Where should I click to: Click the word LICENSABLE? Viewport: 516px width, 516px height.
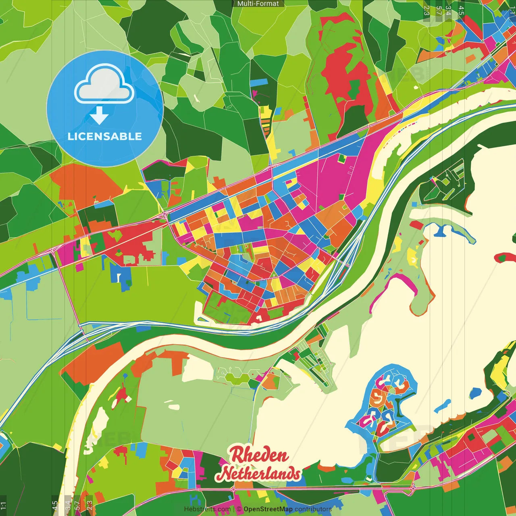[x=104, y=136]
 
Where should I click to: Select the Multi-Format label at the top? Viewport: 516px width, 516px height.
[x=258, y=4]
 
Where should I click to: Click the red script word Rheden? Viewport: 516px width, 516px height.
[x=259, y=455]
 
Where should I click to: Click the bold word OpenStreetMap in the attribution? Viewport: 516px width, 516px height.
[x=268, y=509]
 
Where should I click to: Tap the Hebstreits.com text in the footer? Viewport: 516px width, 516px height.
[x=207, y=509]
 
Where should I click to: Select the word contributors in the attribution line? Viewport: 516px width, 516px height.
[x=313, y=509]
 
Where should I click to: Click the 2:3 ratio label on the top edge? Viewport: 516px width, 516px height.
[x=427, y=10]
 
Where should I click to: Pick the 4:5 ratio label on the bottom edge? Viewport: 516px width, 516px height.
[x=55, y=506]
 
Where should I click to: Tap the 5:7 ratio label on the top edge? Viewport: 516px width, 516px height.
[x=439, y=10]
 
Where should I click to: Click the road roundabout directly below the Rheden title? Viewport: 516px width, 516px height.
[x=233, y=489]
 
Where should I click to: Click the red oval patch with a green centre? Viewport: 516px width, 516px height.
[x=505, y=257]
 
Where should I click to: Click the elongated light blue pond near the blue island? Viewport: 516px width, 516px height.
[x=443, y=405]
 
